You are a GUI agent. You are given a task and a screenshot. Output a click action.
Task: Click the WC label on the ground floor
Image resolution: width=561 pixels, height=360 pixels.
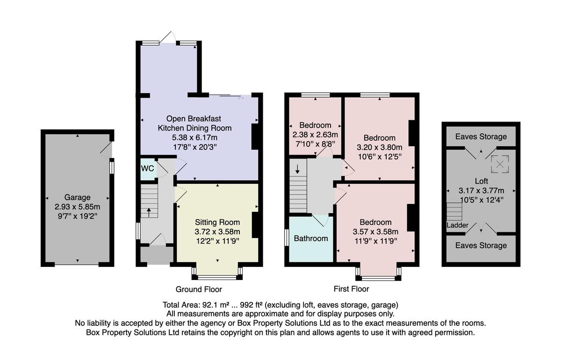tap(148, 168)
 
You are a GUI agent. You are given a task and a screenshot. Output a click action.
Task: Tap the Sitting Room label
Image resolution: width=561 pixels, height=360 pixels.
tap(217, 222)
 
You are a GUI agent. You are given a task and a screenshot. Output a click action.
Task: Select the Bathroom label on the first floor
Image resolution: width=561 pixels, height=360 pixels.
tap(311, 238)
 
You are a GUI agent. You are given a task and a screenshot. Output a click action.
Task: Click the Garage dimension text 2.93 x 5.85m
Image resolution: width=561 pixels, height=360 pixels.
tap(78, 207)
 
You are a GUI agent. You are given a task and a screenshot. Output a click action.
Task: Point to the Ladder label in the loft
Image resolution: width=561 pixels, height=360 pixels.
tap(457, 225)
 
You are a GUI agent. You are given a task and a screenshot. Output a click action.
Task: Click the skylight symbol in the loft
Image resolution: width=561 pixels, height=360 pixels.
tap(500, 164)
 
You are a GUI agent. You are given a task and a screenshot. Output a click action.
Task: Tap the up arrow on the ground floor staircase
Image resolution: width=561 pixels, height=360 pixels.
tap(149, 212)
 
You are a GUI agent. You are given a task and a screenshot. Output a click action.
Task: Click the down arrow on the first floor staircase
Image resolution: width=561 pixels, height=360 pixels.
tap(297, 169)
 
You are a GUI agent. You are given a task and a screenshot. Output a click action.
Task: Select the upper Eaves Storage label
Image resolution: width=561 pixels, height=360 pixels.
tap(481, 137)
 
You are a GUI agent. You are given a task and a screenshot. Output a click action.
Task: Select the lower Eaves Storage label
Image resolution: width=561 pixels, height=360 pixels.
tap(481, 245)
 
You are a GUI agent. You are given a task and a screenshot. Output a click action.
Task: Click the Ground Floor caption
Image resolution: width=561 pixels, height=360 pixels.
tap(199, 289)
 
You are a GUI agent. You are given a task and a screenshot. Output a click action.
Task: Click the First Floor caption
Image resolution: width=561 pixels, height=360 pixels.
tap(352, 289)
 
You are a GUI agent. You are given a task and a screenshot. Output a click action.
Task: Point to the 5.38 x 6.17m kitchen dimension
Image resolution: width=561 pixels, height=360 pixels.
tap(194, 137)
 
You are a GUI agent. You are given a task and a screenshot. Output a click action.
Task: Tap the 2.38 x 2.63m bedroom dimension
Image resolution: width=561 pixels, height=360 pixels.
tap(315, 135)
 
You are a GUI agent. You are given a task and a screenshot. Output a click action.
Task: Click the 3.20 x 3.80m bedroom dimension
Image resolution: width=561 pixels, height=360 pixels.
tap(380, 147)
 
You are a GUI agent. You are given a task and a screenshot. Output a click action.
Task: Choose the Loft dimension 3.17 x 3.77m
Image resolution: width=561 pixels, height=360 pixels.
tap(482, 191)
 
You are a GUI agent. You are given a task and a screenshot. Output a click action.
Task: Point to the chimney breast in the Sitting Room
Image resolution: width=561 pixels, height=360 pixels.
tap(255, 225)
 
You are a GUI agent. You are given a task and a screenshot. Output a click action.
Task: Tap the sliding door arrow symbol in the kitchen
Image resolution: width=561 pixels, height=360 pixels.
tap(241, 98)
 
